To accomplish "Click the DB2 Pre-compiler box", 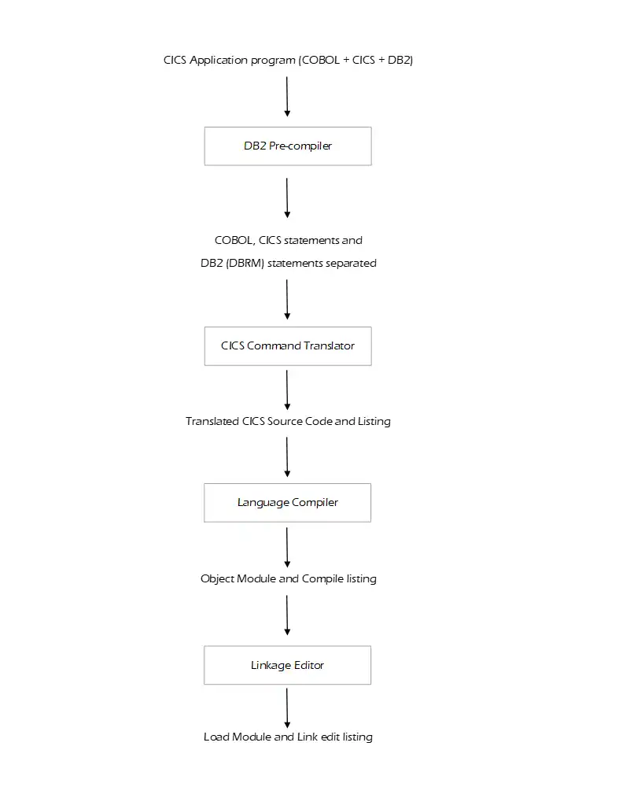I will (x=288, y=146).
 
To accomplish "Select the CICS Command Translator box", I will (x=288, y=345).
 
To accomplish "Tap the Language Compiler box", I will (x=288, y=503).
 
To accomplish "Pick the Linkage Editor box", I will (x=288, y=666).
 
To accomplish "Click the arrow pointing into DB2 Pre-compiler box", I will (x=287, y=97).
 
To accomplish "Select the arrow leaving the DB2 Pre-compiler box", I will (x=287, y=198).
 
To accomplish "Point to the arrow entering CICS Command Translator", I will (x=287, y=299).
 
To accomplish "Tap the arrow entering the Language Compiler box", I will (x=287, y=457).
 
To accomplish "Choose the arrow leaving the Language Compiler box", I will (x=287, y=547).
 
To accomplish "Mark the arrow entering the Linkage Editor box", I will (x=287, y=615).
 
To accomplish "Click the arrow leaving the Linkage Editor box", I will (x=287, y=708).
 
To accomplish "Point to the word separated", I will (x=352, y=264).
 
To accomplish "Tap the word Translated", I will (x=212, y=422).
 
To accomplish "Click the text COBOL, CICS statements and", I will (x=289, y=241).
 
